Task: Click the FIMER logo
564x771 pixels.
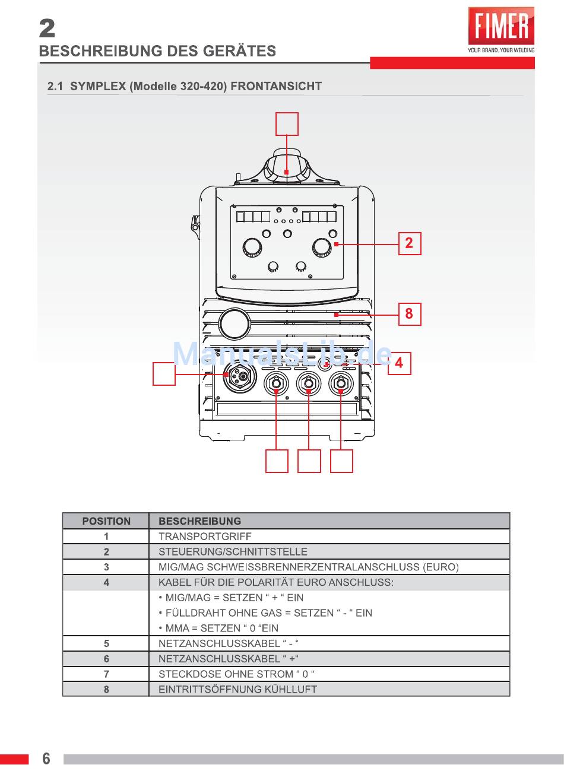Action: tap(501, 30)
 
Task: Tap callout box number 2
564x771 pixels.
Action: tap(410, 244)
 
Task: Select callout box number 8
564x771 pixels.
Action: tap(410, 314)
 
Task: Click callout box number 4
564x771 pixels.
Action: tap(399, 363)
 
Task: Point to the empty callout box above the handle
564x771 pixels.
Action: tap(287, 124)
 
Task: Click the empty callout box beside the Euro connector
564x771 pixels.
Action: tap(164, 373)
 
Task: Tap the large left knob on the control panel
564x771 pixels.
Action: tap(252, 248)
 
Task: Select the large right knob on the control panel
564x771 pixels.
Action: tap(322, 248)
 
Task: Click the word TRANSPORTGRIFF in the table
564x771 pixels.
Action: tap(205, 537)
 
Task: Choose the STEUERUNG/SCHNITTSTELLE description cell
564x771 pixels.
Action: tap(233, 552)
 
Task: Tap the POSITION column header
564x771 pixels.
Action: tap(106, 521)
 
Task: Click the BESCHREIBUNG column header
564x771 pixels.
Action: tap(199, 521)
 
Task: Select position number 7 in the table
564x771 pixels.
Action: tap(106, 674)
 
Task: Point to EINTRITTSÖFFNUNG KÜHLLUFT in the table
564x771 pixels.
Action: tap(237, 689)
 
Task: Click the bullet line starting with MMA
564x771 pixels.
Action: tap(218, 628)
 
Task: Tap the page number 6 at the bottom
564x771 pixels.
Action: tap(46, 759)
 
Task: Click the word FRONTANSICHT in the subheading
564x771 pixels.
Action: tap(276, 86)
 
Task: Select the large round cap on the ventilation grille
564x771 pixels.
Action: tap(235, 323)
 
